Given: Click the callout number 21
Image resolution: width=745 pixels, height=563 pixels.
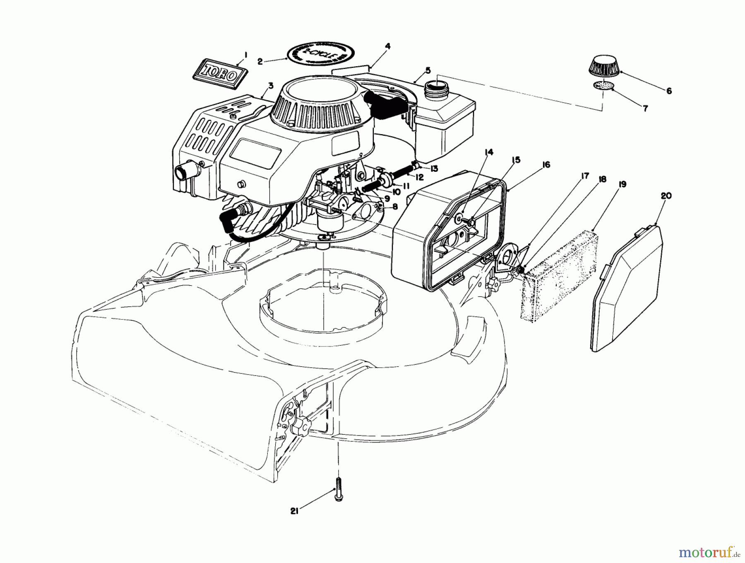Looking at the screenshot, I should [294, 512].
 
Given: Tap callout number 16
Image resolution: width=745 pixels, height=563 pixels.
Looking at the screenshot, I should [546, 165].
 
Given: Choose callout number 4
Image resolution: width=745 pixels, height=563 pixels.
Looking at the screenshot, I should [387, 46].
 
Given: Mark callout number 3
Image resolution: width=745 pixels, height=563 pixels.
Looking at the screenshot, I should [271, 86].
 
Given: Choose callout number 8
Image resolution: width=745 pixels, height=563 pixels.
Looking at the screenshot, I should [395, 206].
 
